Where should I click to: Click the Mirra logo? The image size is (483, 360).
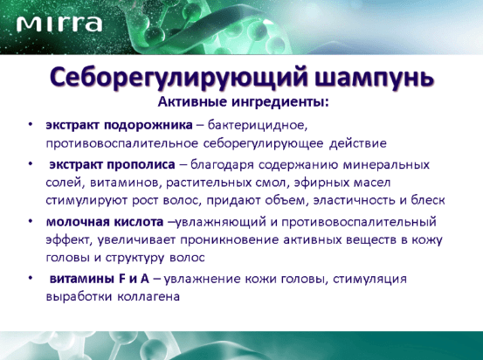(x=59, y=24)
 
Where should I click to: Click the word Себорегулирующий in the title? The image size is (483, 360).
(x=179, y=78)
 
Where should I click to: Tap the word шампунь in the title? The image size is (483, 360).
(x=375, y=79)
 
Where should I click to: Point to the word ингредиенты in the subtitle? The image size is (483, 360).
(x=280, y=102)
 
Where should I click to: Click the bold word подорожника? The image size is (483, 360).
(x=149, y=126)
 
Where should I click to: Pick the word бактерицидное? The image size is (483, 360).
(x=258, y=126)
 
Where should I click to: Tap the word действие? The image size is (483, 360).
(x=358, y=143)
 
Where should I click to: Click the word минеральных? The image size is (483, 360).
(x=386, y=165)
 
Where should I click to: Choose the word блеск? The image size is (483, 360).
(x=428, y=200)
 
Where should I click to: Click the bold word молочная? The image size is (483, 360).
(x=78, y=222)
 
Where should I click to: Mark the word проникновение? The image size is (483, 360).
(x=230, y=239)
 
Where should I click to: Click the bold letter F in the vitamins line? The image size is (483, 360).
(x=121, y=279)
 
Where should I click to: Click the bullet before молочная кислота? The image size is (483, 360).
(x=31, y=221)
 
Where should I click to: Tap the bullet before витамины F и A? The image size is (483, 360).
(x=31, y=278)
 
